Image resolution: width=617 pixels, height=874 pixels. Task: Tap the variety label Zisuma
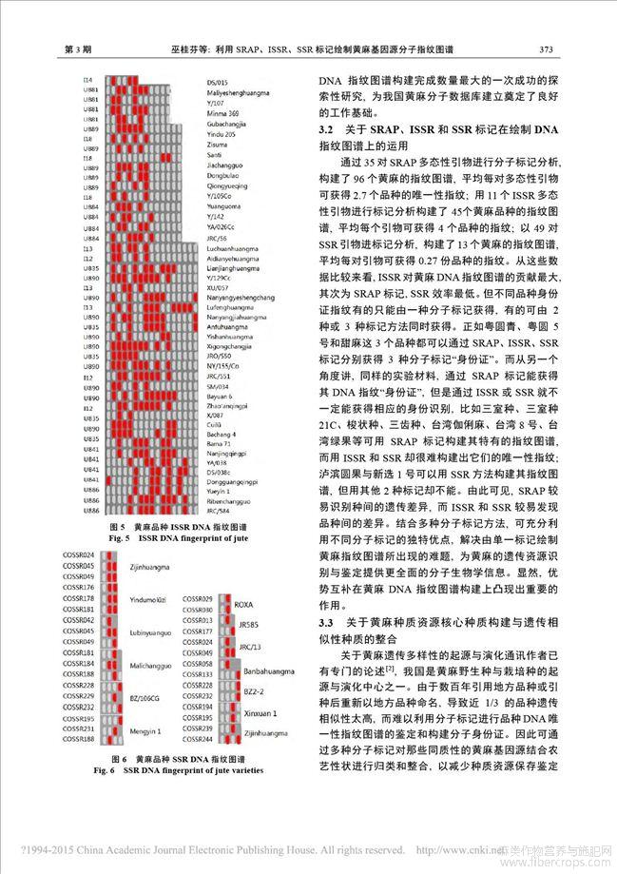(x=218, y=145)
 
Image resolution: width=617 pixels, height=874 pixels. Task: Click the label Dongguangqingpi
(x=233, y=484)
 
